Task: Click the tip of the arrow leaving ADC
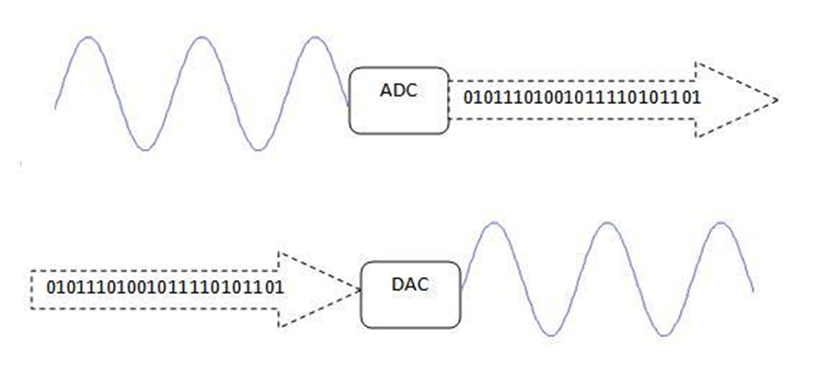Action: [778, 99]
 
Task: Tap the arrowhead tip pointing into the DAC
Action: [358, 289]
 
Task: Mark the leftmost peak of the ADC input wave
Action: [87, 38]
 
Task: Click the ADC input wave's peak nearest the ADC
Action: [316, 38]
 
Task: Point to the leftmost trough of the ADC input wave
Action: [144, 149]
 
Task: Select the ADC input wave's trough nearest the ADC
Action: [259, 149]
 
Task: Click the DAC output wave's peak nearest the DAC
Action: [494, 223]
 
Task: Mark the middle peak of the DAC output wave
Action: [607, 223]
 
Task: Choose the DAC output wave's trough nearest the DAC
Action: [550, 334]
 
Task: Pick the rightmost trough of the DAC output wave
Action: [663, 334]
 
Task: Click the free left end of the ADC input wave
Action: [56, 109]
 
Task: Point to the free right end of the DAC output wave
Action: [754, 291]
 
